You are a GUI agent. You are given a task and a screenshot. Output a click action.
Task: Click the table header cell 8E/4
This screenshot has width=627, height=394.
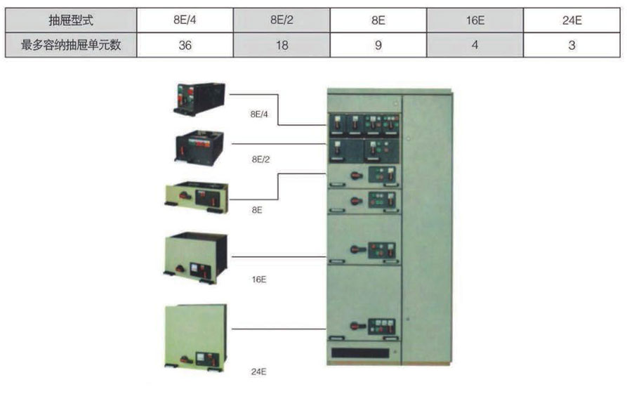185,20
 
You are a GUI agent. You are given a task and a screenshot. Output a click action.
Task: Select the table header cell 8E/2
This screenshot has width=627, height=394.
282,20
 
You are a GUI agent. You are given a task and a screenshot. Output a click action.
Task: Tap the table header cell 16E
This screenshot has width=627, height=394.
475,20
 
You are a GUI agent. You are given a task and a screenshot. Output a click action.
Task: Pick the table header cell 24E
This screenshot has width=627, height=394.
572,20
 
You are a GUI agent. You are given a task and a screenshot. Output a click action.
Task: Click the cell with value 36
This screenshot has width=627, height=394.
185,46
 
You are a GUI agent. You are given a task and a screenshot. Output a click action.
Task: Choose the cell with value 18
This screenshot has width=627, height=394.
282,46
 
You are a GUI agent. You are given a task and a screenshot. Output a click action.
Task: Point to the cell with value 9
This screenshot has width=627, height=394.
378,46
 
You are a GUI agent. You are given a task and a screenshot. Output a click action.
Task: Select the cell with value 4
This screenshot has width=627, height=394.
475,46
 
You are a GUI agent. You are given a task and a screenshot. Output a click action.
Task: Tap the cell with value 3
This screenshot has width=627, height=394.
572,46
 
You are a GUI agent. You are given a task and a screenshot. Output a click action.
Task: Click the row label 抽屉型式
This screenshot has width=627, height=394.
71,20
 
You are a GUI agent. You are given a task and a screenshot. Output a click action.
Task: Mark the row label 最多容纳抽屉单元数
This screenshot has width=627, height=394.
71,46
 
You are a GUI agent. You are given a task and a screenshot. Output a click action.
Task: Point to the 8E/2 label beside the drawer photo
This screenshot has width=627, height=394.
260,159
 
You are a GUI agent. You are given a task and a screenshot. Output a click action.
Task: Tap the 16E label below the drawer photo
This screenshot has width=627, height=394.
258,280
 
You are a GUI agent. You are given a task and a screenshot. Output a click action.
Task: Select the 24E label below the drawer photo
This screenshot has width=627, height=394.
258,372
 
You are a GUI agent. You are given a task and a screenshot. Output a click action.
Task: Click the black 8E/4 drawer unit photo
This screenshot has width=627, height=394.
200,98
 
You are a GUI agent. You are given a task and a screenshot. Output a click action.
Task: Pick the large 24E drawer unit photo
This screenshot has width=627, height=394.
196,336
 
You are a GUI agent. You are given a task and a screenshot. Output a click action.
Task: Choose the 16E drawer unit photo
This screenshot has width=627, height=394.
196,257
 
